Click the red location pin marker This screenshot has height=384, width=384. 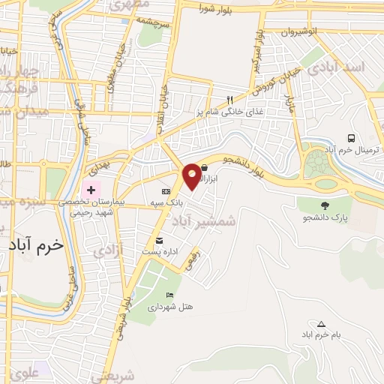193,175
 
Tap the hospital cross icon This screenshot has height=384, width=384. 92,190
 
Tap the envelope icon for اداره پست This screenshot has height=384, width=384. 159,240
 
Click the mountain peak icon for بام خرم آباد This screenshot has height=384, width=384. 321,324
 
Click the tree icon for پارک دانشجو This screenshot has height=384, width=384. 324,204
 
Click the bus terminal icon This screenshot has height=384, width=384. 351,137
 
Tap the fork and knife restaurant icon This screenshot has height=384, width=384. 230,100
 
